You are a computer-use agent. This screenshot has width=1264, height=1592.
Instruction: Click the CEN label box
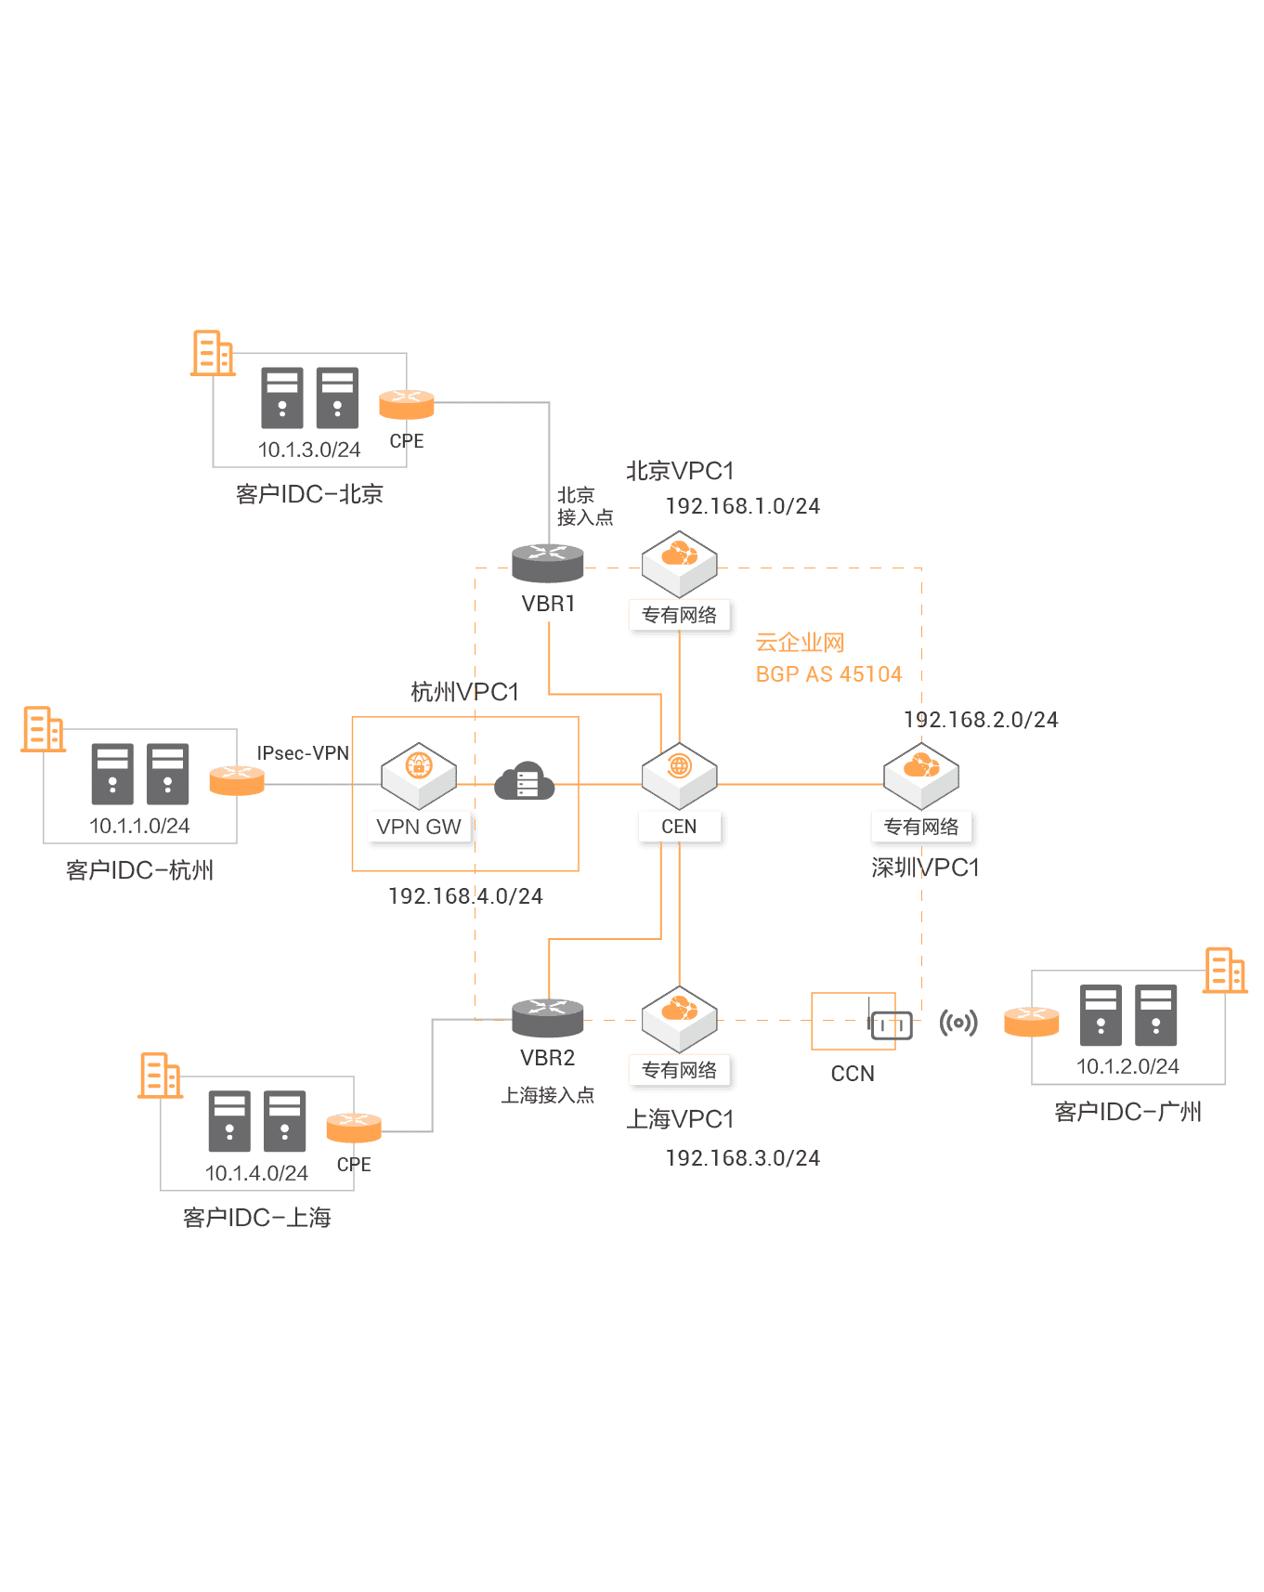click(x=679, y=827)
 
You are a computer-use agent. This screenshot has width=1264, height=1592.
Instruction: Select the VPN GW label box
click(x=419, y=827)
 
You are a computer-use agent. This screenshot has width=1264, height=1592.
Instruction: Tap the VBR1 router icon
click(x=548, y=561)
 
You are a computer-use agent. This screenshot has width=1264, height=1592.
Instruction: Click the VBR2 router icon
click(x=548, y=1016)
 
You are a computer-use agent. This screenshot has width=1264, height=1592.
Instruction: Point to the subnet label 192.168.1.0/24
click(x=743, y=506)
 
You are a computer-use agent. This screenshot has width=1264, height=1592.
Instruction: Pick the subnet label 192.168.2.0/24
click(x=981, y=720)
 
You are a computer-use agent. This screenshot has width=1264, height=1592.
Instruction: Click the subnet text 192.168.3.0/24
click(x=743, y=1158)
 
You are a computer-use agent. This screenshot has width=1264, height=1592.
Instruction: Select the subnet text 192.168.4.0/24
click(x=465, y=896)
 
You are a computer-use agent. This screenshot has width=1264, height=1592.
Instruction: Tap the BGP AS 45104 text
click(x=828, y=674)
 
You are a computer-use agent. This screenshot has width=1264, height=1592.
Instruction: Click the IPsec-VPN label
click(x=303, y=753)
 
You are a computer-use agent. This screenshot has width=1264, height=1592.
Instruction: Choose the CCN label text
click(x=853, y=1074)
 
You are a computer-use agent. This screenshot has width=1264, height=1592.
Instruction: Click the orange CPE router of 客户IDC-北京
click(x=407, y=405)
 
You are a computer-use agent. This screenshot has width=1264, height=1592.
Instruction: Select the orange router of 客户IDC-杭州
click(x=237, y=780)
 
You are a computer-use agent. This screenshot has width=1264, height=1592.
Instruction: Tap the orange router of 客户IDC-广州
click(x=1032, y=1022)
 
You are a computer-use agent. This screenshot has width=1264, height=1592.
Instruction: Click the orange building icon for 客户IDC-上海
click(x=160, y=1076)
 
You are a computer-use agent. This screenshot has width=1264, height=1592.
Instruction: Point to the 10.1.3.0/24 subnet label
click(x=309, y=450)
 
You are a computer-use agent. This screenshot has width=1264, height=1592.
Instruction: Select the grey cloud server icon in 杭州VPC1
click(x=525, y=782)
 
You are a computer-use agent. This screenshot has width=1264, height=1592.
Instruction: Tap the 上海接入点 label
click(x=548, y=1096)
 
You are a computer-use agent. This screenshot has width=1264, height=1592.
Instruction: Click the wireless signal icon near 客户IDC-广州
click(x=958, y=1023)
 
